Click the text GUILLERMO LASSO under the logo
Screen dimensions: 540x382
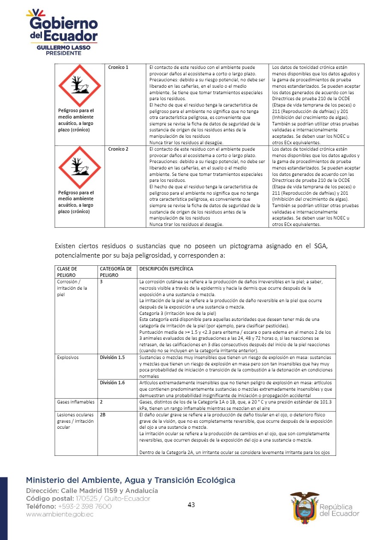63,48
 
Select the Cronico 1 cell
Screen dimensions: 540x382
118,68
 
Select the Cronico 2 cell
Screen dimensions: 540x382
118,149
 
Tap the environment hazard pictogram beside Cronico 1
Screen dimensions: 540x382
80,86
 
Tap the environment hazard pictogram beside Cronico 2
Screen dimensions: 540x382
80,167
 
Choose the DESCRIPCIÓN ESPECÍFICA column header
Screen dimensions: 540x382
166,269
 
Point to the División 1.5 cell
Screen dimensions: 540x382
112,357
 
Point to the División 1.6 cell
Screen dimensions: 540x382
112,383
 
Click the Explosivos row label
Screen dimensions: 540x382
68,357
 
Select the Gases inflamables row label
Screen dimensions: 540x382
75,402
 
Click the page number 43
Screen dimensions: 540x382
191,505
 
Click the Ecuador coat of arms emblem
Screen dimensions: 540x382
304,506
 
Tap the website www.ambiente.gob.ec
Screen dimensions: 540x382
60,515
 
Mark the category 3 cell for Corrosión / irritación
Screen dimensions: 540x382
101,282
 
